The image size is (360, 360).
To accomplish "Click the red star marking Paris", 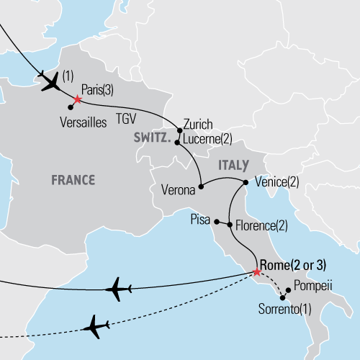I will (x=77, y=99).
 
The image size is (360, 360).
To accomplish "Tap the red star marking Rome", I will (x=257, y=272).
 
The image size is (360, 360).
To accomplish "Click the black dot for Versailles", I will (x=70, y=108).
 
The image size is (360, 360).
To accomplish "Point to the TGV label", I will (x=127, y=122).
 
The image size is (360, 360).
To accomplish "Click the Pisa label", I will (x=200, y=217).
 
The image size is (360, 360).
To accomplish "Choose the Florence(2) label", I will (x=261, y=226).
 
